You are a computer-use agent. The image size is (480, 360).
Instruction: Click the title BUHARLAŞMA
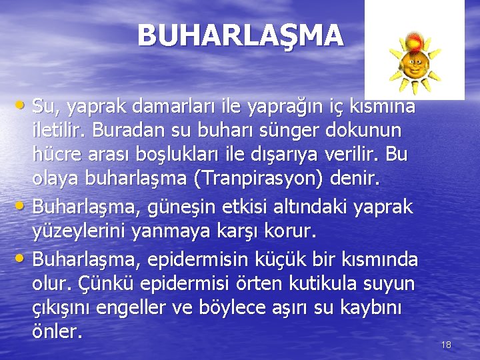coord(241,35)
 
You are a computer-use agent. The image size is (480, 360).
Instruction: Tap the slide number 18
coord(446,345)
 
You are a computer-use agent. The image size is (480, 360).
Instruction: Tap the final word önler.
coord(57,331)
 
